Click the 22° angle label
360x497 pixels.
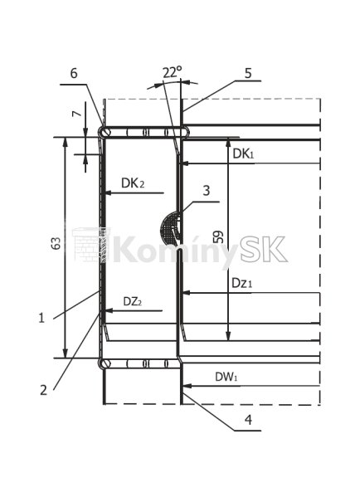click(x=173, y=72)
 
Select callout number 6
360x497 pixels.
click(x=74, y=73)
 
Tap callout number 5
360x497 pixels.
click(x=248, y=73)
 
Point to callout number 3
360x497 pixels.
click(x=206, y=191)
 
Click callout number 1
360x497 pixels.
click(x=41, y=318)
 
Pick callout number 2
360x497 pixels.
click(x=43, y=390)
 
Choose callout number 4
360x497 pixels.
click(x=248, y=420)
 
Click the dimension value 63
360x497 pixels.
click(x=56, y=243)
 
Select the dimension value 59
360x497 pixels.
click(x=218, y=236)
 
